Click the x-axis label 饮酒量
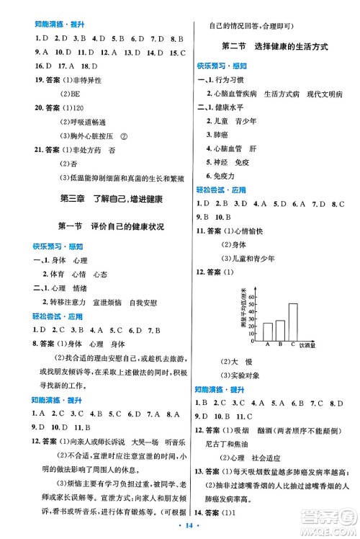point(310,345)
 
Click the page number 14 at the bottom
point(180,527)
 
